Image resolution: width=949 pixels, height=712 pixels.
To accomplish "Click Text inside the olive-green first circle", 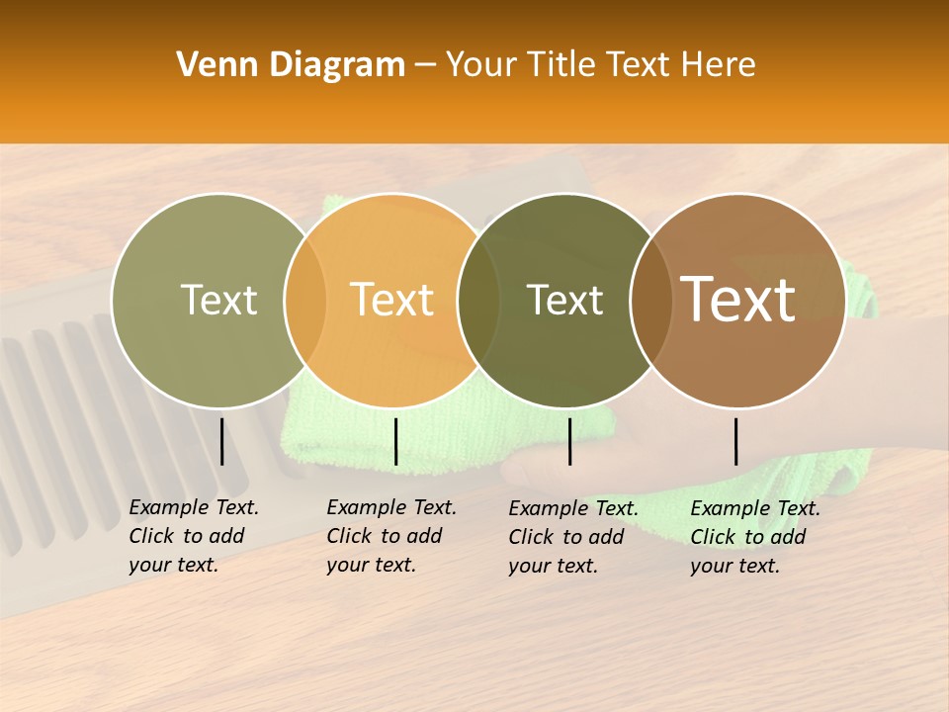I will (x=218, y=300).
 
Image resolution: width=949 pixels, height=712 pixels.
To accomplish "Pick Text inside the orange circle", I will (x=391, y=300).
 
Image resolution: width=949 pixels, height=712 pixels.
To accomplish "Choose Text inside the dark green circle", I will (x=564, y=300).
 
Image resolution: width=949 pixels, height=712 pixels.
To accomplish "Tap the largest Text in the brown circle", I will (x=737, y=300).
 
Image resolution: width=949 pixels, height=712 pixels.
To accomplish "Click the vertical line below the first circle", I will (x=221, y=441).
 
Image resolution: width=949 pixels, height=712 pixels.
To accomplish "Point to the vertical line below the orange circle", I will (x=395, y=441).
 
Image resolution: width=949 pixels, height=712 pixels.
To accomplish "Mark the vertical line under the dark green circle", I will (x=569, y=441).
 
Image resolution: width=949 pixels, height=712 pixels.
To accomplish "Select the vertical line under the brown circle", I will (x=735, y=441).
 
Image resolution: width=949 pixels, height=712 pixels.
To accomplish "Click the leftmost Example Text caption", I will (x=193, y=536).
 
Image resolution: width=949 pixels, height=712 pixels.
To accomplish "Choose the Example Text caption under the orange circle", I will (x=390, y=536).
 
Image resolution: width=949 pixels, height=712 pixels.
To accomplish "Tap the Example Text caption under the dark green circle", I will (x=572, y=537).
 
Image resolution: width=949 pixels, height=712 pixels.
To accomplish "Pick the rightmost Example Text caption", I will (x=754, y=537).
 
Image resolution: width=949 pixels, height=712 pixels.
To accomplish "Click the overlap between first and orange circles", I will (x=305, y=301).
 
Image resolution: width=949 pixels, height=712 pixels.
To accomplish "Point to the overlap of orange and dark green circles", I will (x=478, y=301).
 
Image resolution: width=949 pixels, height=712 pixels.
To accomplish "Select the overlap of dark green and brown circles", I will (x=651, y=301).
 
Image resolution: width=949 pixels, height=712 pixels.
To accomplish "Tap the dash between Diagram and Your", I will (x=425, y=65).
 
